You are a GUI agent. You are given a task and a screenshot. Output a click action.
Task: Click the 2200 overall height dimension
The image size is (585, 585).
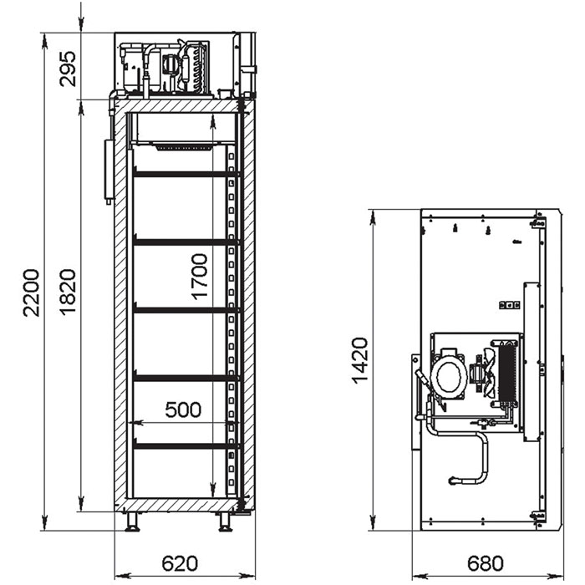coord(31,292)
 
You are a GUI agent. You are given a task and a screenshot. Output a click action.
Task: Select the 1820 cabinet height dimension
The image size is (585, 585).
coord(69,292)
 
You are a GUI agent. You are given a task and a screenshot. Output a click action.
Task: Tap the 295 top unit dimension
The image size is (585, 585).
coord(68,69)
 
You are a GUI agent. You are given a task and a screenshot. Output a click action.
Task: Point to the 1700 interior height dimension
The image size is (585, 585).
coord(199,277)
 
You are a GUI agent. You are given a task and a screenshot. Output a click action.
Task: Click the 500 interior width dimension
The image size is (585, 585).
coord(183,409)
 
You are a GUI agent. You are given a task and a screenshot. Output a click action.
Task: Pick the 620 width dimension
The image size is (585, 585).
coord(180,563)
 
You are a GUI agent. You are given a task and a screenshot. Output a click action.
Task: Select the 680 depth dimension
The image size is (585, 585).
coord(486,563)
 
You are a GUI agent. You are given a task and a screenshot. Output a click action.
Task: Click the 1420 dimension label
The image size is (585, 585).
coord(360,360)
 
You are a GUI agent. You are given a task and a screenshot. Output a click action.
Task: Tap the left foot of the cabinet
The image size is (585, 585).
coord(132,521)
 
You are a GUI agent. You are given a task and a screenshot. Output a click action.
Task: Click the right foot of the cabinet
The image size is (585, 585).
coord(226,521)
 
